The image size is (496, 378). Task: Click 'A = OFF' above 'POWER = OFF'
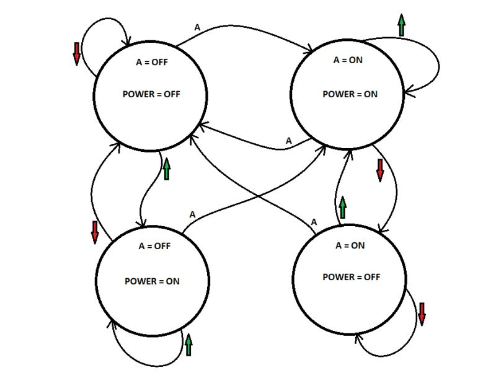point(152,62)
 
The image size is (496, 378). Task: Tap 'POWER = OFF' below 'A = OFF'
point(152,95)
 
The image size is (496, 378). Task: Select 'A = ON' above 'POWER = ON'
point(348,61)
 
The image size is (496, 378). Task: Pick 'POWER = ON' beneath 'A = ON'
point(350,94)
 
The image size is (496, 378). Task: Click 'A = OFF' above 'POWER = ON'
point(154,246)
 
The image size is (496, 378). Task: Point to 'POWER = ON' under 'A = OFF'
point(152,281)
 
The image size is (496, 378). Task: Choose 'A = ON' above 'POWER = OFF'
point(350,245)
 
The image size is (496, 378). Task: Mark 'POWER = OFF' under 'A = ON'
point(351,277)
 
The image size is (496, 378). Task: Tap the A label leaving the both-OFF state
point(198,27)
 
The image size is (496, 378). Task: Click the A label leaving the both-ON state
point(288,141)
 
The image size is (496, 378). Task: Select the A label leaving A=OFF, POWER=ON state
point(192,214)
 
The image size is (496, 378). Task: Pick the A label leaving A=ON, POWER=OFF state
point(314,222)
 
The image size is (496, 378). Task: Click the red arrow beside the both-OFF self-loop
point(77,54)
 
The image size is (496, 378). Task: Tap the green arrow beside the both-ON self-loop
point(401,25)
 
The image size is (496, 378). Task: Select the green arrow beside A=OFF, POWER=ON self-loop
point(188,344)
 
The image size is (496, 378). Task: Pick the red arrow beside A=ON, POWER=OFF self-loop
point(422,314)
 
